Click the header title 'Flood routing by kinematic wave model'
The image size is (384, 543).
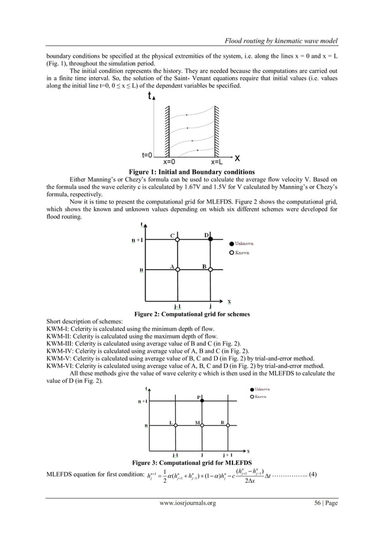[280, 40]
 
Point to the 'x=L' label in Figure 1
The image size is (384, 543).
[219, 161]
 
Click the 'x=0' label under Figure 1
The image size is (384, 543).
[170, 161]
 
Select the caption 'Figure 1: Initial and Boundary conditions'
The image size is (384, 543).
[192, 171]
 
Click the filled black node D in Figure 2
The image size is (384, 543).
[210, 240]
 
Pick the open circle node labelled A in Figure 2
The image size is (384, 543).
[178, 270]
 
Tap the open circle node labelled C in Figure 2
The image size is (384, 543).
[178, 240]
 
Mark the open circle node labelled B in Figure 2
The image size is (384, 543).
[210, 270]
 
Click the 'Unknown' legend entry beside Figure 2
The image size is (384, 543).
[244, 243]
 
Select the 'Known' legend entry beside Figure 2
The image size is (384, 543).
[241, 253]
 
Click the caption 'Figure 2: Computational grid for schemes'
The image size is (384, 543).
[192, 314]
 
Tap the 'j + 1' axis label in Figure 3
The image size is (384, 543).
[229, 455]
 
